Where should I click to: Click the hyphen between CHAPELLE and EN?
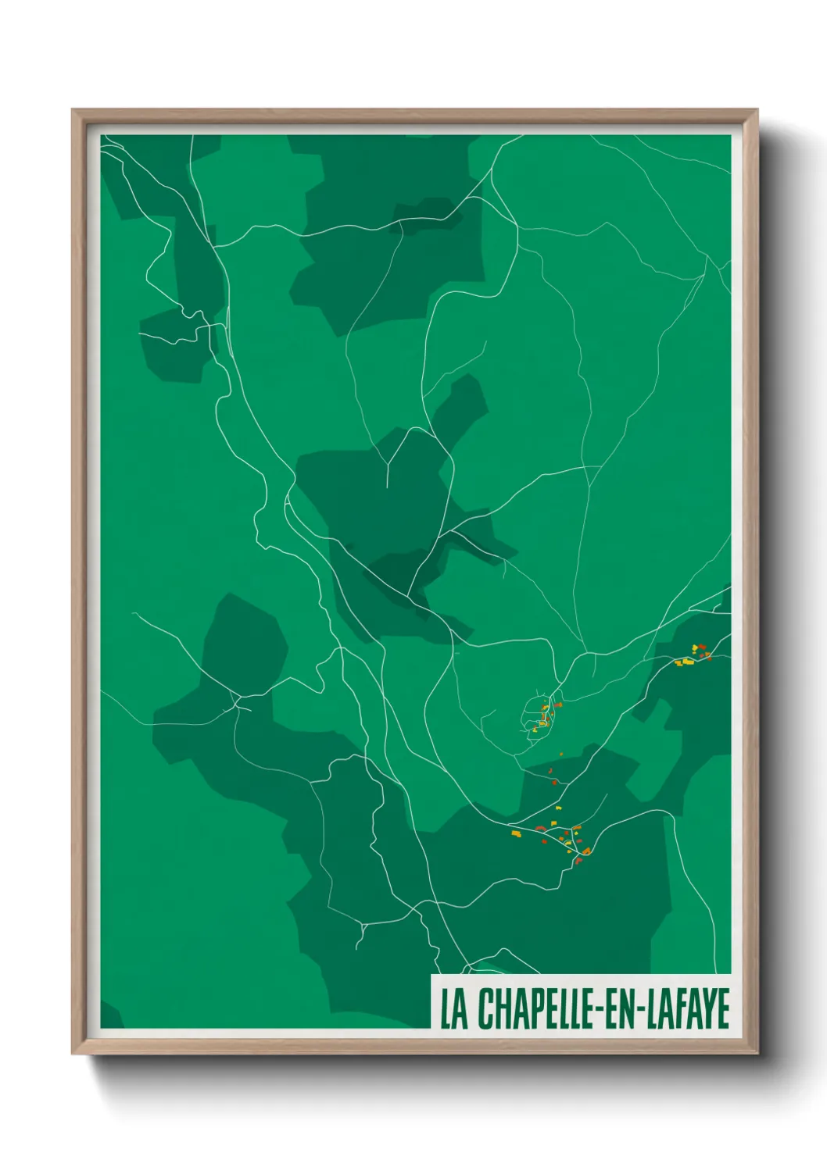pyautogui.click(x=592, y=1010)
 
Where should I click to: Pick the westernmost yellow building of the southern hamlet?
pyautogui.click(x=516, y=833)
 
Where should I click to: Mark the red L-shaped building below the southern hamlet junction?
pyautogui.click(x=578, y=860)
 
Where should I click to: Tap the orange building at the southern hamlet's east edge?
pyautogui.click(x=586, y=850)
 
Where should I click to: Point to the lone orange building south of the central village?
pyautogui.click(x=561, y=754)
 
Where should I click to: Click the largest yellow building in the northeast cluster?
pyautogui.click(x=688, y=662)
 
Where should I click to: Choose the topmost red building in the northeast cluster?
pyautogui.click(x=702, y=646)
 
